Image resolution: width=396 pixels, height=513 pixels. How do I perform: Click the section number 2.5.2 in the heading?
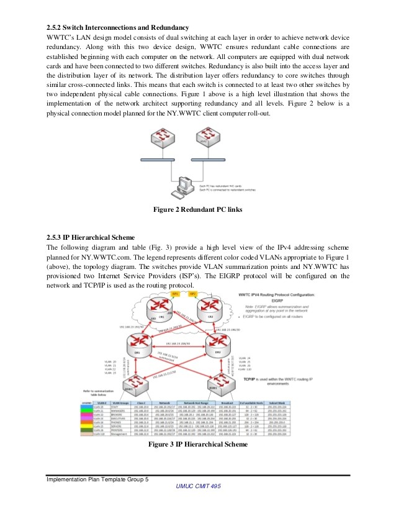(57, 27)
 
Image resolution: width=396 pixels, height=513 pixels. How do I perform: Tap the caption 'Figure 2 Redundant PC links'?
(197, 209)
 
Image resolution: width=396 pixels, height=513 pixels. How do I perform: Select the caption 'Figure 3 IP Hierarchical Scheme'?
(198, 445)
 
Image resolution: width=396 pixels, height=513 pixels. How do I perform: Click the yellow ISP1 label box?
(176, 293)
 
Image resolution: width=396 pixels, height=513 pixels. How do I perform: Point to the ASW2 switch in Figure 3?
(214, 386)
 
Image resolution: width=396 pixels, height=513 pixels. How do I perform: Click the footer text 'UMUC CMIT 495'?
(198, 487)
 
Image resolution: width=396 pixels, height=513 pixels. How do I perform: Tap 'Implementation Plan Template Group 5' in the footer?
(98, 479)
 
